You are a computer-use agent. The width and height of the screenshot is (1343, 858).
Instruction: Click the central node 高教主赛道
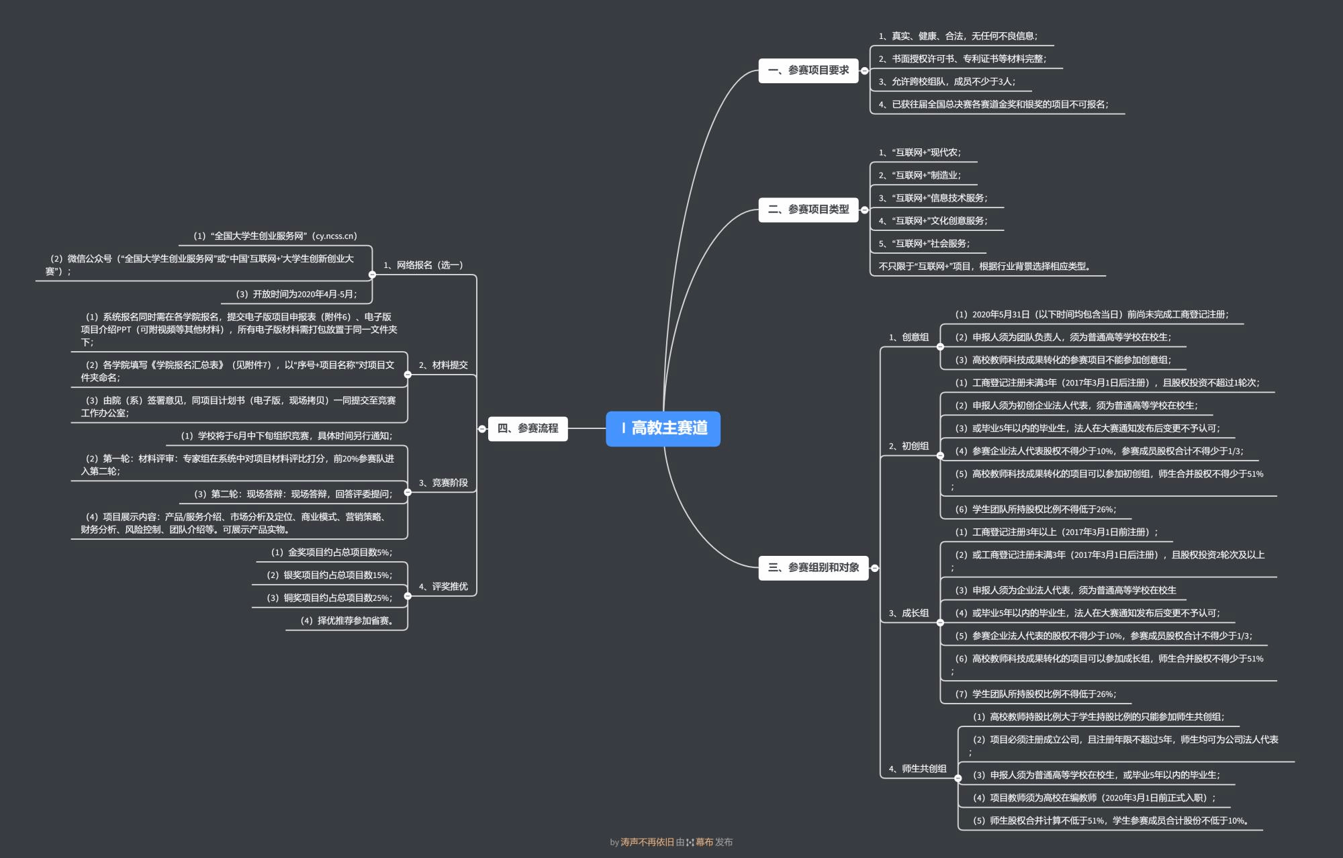click(x=663, y=428)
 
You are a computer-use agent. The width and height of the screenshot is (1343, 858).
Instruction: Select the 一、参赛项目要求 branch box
click(x=808, y=70)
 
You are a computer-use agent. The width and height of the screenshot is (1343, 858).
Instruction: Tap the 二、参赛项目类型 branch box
click(x=808, y=209)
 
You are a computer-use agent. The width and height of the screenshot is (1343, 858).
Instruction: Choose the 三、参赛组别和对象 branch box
click(x=813, y=568)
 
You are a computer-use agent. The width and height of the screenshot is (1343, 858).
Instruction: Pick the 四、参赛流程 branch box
click(x=528, y=428)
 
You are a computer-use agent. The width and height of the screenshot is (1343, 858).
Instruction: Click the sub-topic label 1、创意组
click(x=909, y=337)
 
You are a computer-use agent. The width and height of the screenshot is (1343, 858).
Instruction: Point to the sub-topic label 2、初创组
click(x=909, y=446)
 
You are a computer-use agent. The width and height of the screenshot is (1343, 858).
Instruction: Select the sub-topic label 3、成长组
click(x=909, y=613)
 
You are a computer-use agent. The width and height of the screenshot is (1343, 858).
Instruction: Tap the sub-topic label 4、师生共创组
click(x=917, y=769)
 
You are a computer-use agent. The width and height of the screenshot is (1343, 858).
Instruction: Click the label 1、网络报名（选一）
click(x=423, y=265)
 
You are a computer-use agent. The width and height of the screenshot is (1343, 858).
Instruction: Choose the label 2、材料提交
click(x=443, y=365)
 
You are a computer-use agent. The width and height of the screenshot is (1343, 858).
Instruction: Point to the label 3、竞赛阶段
click(x=443, y=483)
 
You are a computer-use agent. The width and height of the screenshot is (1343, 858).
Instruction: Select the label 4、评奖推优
click(x=443, y=587)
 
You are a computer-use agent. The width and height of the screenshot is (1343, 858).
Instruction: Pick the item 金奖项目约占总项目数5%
click(x=332, y=553)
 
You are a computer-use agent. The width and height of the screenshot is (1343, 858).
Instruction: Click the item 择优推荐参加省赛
click(x=347, y=621)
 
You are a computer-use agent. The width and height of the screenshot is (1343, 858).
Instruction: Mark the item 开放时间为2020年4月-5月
click(x=296, y=294)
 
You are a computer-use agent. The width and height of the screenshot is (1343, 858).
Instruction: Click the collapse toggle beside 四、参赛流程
click(x=482, y=429)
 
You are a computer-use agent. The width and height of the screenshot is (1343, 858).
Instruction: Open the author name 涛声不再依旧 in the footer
click(x=647, y=842)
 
